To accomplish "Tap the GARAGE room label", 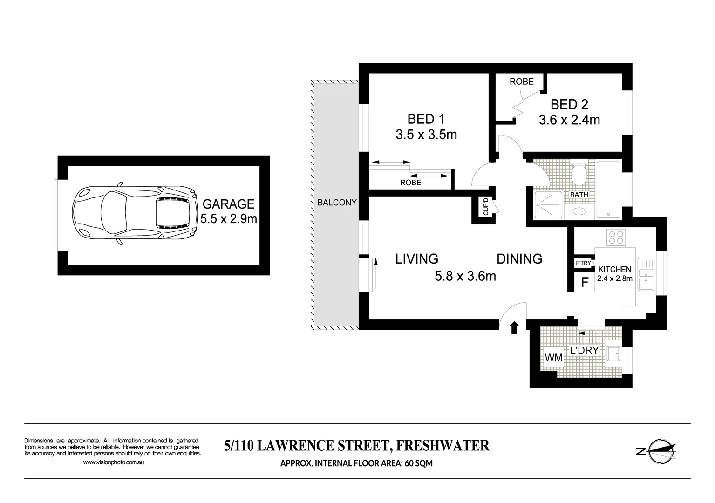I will (228, 204).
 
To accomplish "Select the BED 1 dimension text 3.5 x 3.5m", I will (426, 135).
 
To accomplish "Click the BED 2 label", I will (569, 104).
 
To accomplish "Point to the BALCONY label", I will (337, 203).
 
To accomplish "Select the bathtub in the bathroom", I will (608, 190).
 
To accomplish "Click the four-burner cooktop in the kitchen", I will (616, 238).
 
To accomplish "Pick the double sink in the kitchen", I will (646, 275).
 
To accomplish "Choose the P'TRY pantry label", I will (583, 263).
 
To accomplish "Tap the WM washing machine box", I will (554, 358).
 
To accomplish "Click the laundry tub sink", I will (614, 353).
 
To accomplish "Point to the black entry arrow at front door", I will (514, 328).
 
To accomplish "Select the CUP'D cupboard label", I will (485, 207).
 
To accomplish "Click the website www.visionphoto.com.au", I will (113, 462).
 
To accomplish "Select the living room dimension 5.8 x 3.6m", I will (465, 276).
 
